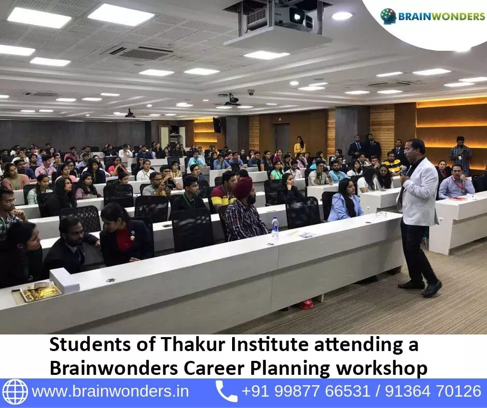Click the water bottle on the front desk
coord(275,227)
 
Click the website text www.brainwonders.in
coord(110,391)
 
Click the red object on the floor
coord(306,304)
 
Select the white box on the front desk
coord(64,280)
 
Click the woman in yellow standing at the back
coord(299,145)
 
